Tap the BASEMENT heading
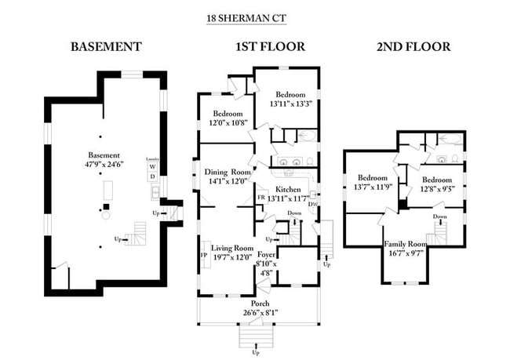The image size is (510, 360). pyautogui.click(x=106, y=47)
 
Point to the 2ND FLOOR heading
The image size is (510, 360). pyautogui.click(x=413, y=47)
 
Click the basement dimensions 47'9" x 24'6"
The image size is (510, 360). pyautogui.click(x=104, y=165)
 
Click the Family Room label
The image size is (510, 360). pyautogui.click(x=405, y=243)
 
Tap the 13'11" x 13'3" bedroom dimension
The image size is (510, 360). pyautogui.click(x=291, y=103)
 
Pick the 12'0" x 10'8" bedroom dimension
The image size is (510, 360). pyautogui.click(x=226, y=123)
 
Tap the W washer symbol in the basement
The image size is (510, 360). pyautogui.click(x=152, y=167)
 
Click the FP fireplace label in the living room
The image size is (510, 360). pyautogui.click(x=204, y=256)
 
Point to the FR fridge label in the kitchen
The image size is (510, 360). pyautogui.click(x=261, y=198)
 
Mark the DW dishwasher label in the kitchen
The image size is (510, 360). pyautogui.click(x=311, y=205)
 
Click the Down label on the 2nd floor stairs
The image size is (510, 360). pyautogui.click(x=439, y=216)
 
